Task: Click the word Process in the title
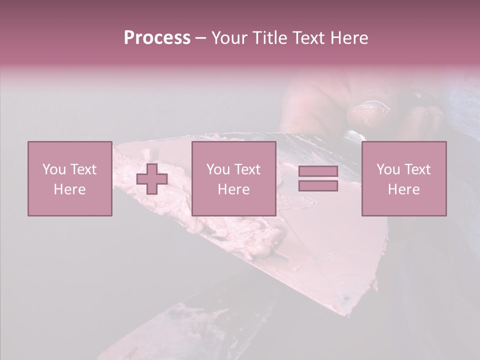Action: click(157, 38)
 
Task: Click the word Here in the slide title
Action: click(349, 38)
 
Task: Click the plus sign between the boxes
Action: click(152, 178)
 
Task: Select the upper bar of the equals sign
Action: click(318, 171)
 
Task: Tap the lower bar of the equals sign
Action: click(318, 185)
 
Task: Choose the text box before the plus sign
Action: click(69, 178)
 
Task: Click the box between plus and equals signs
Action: click(233, 178)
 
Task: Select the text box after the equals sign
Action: click(403, 178)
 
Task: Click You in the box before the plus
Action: click(53, 169)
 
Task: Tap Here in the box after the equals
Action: click(403, 189)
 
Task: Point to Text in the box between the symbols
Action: click(247, 169)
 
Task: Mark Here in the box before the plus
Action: click(69, 189)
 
